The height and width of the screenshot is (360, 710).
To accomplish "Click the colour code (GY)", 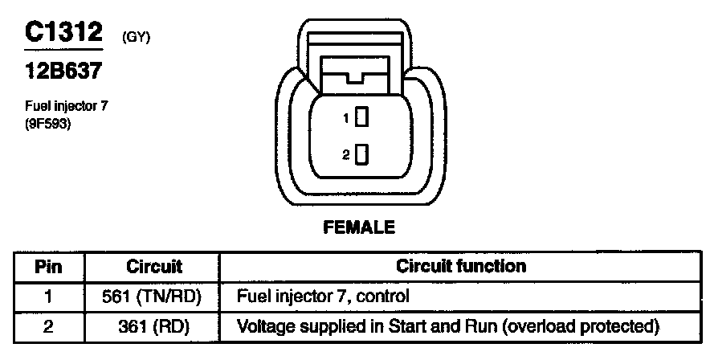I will (x=137, y=38).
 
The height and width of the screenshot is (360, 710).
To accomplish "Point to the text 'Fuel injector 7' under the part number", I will (x=66, y=106).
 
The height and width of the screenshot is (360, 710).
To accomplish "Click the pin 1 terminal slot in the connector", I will (x=361, y=117).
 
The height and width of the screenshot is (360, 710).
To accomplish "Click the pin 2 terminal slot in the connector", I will (x=361, y=153).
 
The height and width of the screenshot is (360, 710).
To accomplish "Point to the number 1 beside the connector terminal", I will (x=346, y=119).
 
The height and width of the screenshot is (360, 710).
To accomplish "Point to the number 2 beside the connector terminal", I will (x=346, y=155).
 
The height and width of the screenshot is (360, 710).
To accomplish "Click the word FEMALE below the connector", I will (x=359, y=228).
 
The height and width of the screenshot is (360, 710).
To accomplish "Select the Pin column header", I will (x=47, y=266).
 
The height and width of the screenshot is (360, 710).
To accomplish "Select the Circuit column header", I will (x=154, y=266).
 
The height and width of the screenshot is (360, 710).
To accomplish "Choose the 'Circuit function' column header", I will (x=462, y=266).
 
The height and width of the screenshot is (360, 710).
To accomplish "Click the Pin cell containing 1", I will (x=47, y=297).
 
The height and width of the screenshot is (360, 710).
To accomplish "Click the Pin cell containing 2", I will (x=47, y=326).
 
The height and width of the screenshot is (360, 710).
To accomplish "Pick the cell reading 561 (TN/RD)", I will (x=154, y=297).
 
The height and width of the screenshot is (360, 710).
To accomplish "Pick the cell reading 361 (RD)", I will (x=154, y=326).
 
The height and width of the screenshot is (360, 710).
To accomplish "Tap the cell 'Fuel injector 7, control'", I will (x=323, y=297).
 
